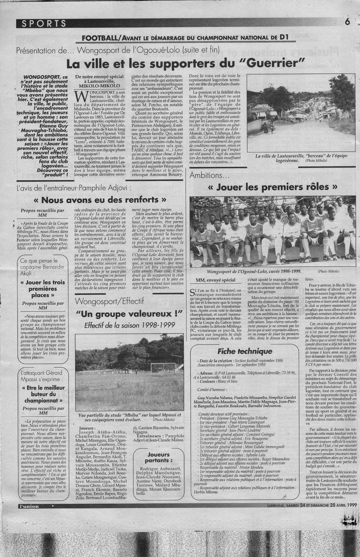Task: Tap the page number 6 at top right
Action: (x=347, y=22)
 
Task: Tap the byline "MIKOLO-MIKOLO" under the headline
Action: (x=99, y=86)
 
